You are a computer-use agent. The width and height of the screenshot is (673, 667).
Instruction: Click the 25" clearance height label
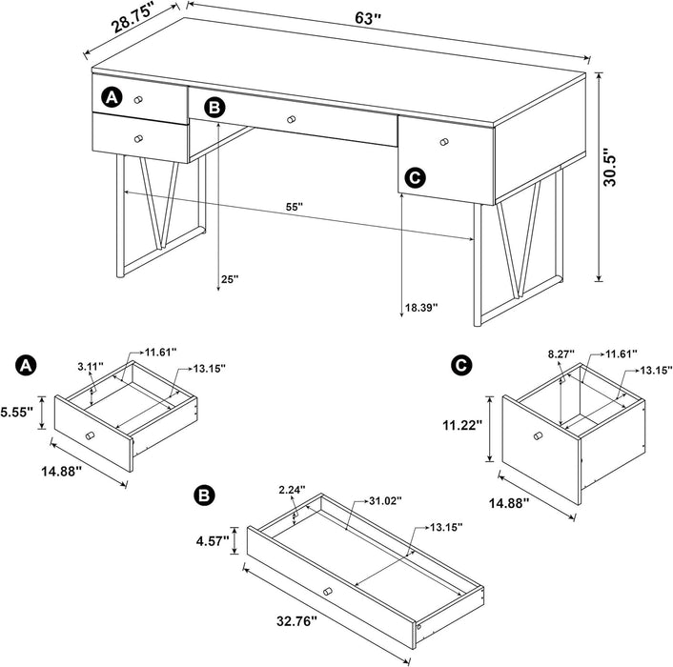230,280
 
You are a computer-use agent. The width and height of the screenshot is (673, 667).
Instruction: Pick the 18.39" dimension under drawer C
423,308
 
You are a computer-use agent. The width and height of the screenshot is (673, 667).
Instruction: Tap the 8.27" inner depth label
560,354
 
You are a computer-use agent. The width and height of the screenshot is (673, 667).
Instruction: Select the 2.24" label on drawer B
292,490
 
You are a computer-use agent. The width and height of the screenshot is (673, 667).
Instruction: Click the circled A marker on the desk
112,97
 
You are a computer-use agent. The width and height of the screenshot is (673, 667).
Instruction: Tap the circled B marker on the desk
215,108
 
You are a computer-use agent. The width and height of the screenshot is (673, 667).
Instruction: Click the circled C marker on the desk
414,176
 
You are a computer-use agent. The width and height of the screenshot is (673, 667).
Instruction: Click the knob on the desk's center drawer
292,118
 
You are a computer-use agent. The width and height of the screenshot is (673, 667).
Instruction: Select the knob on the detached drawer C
539,436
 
